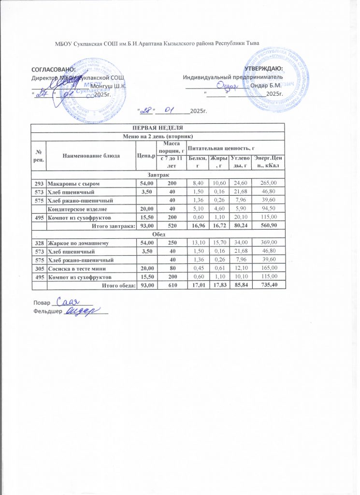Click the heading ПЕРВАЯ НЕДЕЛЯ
158,128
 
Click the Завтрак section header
158,174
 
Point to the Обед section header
158,234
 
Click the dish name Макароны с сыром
71,182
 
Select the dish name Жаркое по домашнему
75,243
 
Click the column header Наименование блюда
91,155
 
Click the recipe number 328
38,243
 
